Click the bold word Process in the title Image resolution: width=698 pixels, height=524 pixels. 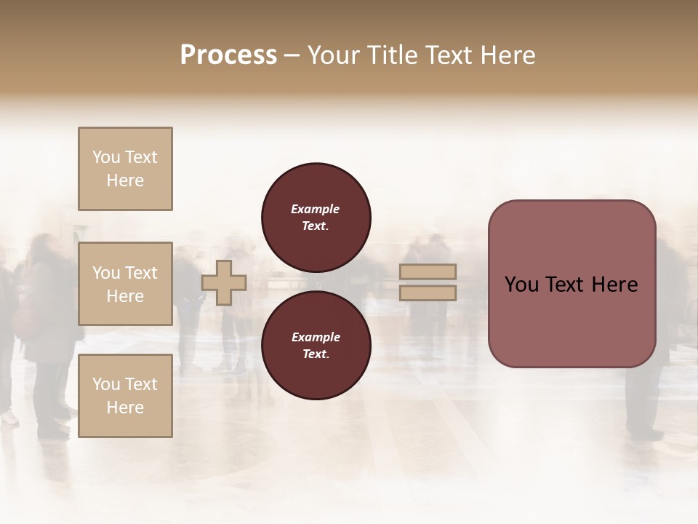[228, 55]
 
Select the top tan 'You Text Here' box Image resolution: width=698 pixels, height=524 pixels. [125, 169]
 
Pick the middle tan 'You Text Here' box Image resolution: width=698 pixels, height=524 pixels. [125, 284]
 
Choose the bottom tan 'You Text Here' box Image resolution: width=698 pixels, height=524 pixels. [125, 396]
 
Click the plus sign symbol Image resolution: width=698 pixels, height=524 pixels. [224, 282]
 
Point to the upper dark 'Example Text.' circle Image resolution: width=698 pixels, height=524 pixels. [316, 217]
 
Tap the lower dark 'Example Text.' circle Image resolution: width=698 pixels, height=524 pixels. [316, 345]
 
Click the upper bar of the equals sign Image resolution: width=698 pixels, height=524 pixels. [428, 271]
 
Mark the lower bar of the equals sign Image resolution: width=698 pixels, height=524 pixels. [428, 293]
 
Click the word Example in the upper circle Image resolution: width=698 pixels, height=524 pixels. [316, 209]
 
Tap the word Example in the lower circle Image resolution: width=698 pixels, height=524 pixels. [316, 337]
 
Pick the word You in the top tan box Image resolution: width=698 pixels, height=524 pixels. [105, 157]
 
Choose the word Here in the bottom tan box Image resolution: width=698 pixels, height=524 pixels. [125, 408]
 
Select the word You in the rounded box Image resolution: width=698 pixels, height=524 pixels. [521, 285]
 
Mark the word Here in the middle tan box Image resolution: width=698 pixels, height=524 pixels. [125, 296]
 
